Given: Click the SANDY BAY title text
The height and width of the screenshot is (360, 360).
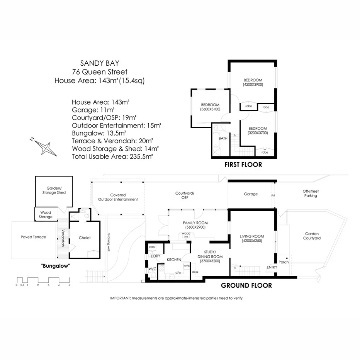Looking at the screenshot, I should click(x=99, y=63).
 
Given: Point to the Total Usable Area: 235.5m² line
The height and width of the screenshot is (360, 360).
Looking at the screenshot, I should click(x=112, y=156).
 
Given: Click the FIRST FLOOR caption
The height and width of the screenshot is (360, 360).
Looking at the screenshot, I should click(x=243, y=165).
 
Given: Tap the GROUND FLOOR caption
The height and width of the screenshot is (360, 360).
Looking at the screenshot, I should click(x=246, y=286).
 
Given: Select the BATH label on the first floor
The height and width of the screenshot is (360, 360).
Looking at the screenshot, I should click(x=223, y=138).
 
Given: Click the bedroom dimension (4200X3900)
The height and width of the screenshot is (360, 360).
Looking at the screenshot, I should click(x=253, y=84).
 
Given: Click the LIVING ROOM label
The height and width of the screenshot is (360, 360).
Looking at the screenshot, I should click(x=252, y=237).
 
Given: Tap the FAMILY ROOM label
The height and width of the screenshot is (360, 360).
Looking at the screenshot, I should click(x=195, y=223).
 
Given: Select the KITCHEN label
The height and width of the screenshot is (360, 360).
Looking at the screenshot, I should click(x=174, y=260).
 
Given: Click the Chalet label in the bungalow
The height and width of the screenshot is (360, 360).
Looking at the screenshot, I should click(x=85, y=238).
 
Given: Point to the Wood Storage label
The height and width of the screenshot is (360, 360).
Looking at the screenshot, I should click(x=46, y=215).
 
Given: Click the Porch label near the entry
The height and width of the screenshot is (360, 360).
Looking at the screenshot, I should click(x=284, y=262).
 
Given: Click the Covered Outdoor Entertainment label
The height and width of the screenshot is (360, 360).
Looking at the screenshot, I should click(x=118, y=197).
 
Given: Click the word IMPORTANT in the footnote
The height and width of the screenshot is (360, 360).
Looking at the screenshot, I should click(x=121, y=298).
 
